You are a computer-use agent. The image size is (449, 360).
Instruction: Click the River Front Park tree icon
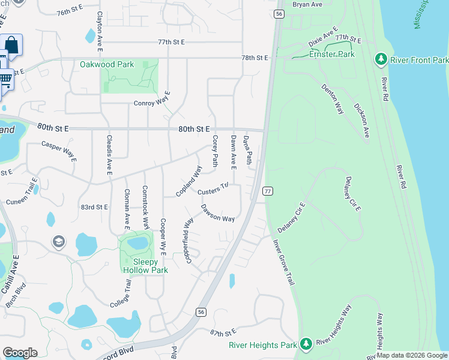tap(380, 59)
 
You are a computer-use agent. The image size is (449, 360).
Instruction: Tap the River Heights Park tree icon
tap(306, 344)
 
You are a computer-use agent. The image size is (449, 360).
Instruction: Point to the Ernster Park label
tap(332, 54)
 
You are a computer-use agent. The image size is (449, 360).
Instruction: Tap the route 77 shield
tap(268, 191)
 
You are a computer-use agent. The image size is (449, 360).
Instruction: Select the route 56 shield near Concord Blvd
tap(200, 311)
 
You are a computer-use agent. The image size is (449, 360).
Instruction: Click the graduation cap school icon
tap(59, 242)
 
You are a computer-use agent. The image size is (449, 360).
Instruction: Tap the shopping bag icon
tap(11, 44)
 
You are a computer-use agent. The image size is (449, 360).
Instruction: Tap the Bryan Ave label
tap(307, 4)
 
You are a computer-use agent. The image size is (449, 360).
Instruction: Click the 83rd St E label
tap(94, 207)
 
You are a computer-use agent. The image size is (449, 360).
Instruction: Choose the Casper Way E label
tap(59, 151)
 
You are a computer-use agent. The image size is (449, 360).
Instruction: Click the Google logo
tap(20, 352)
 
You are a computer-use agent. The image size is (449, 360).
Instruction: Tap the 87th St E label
tap(223, 332)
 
